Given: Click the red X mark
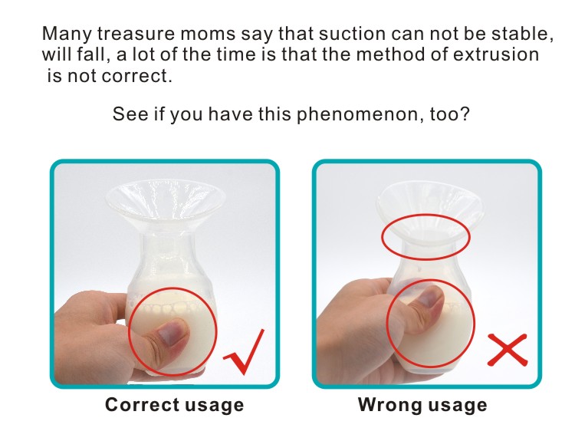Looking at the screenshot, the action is (x=508, y=350).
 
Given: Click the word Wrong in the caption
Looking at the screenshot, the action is (x=389, y=405).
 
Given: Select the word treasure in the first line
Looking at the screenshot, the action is (x=136, y=34).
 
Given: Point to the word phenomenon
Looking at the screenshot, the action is (x=357, y=114).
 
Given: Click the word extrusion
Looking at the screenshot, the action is (x=496, y=54).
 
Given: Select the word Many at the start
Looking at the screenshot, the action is (x=67, y=34).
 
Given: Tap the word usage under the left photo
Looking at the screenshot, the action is (x=214, y=406).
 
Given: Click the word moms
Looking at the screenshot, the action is (x=208, y=34).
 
